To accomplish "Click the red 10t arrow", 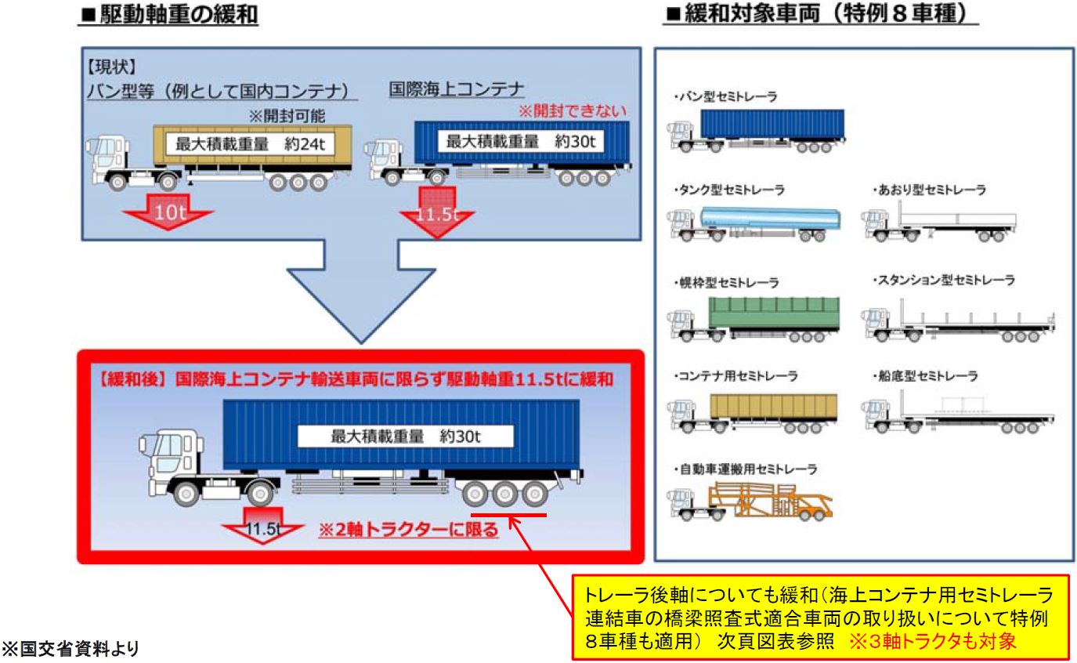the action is tap(168, 212).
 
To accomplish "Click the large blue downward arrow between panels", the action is tap(362, 288).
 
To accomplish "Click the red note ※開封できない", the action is tap(573, 111).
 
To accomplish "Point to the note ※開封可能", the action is tap(287, 116).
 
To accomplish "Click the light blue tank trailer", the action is tap(770, 218).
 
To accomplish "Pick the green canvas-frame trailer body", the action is tap(774, 313).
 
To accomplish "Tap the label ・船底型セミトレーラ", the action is tap(924, 375).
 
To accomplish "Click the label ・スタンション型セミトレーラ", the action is tap(943, 280).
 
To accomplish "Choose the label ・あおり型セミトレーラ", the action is tap(929, 190).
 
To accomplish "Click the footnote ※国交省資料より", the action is tap(70, 648).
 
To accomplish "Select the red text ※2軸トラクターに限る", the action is tap(408, 530).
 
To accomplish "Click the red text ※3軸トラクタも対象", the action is tap(932, 641).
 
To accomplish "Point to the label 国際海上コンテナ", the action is tap(457, 89).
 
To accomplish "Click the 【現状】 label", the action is tap(111, 67).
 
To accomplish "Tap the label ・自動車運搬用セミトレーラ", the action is tap(745, 469).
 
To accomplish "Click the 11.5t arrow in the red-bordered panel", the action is tap(262, 525).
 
